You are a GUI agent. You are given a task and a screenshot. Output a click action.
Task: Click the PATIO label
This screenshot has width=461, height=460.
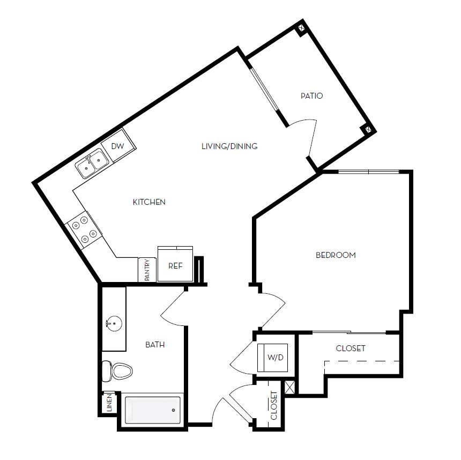point(311,96)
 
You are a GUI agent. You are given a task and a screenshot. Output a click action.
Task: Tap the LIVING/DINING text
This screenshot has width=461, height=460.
point(229,146)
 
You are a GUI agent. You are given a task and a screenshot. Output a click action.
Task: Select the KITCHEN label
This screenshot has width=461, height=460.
point(149,202)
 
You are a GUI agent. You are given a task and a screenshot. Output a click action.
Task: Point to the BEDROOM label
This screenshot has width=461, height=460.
point(336,255)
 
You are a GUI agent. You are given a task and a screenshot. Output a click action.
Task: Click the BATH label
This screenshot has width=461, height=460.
point(155,345)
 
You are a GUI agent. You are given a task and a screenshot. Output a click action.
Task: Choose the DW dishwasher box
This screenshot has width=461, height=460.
point(118,146)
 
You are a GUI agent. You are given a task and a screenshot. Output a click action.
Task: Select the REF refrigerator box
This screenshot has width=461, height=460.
point(175,265)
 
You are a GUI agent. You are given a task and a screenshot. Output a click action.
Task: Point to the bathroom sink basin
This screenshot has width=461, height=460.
point(113,323)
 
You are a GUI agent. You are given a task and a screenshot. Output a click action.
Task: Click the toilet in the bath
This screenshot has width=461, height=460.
point(117,370)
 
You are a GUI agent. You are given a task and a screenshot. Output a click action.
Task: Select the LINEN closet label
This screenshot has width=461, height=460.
point(109,404)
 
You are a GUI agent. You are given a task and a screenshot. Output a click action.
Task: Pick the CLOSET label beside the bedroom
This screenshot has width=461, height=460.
point(351,348)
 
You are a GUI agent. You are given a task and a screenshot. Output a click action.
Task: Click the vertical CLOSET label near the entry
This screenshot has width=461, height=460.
point(274,405)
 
